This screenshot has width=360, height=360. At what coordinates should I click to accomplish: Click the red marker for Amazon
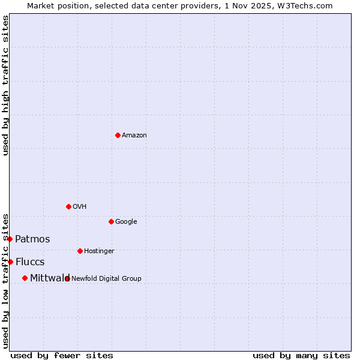pos(118,135)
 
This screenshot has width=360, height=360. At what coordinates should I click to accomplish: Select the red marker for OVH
pos(68,206)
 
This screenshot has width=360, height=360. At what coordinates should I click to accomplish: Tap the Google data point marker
pos(111,221)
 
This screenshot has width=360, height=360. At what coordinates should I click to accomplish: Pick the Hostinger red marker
pos(80,251)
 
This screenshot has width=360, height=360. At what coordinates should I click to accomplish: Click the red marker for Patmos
pos(10,239)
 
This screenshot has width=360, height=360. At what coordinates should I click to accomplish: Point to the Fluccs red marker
pos(10,262)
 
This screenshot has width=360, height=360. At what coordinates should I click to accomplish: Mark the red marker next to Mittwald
pos(25,278)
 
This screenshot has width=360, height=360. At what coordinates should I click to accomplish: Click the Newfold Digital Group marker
pos(67,278)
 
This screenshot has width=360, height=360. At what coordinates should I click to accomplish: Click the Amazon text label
pos(134,136)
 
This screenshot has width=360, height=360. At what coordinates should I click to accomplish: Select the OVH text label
pos(80,207)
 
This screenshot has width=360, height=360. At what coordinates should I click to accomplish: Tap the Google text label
pos(126,222)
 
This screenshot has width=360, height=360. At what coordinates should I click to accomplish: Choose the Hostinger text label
pos(99,251)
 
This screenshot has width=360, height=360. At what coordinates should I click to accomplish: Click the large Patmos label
pos(32,239)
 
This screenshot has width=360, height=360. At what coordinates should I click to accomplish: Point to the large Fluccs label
pos(30,262)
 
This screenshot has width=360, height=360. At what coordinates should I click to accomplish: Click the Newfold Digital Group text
pos(107,278)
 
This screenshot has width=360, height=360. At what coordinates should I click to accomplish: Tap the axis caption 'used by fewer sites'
pos(62,355)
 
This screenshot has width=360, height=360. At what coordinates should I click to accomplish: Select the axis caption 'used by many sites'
pos(301,355)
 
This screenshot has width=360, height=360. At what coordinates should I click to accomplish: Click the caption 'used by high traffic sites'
pos(5,85)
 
